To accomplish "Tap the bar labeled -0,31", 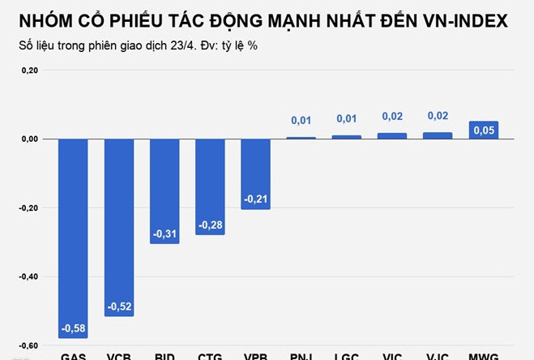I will click(x=164, y=191).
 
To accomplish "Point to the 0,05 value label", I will click(x=484, y=130).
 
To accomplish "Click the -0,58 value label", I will click(x=74, y=328).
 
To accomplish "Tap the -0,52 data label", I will click(x=119, y=306).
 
